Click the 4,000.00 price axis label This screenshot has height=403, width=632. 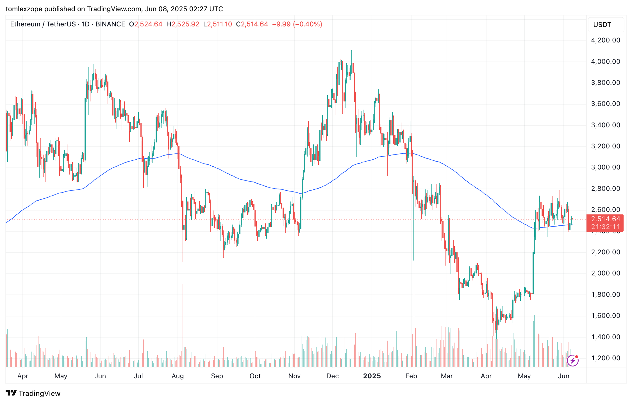605,62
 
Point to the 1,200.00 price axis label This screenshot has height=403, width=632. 605,358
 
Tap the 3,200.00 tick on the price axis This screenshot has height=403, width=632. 605,146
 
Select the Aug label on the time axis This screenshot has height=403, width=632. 178,376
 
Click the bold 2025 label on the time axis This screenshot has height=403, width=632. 372,376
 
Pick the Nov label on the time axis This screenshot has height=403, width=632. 294,376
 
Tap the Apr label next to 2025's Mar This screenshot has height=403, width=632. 486,376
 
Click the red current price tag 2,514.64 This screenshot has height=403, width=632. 605,219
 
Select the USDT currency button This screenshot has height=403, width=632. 602,25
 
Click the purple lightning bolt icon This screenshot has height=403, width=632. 572,361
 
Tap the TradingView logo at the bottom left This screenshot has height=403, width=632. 33,393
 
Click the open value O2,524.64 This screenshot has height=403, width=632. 146,24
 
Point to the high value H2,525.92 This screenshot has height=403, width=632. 183,24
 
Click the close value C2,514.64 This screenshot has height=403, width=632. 252,24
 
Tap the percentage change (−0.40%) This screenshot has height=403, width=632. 307,24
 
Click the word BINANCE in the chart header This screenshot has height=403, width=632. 110,24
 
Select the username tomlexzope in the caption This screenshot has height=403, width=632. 24,9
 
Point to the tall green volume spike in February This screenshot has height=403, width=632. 414,323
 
